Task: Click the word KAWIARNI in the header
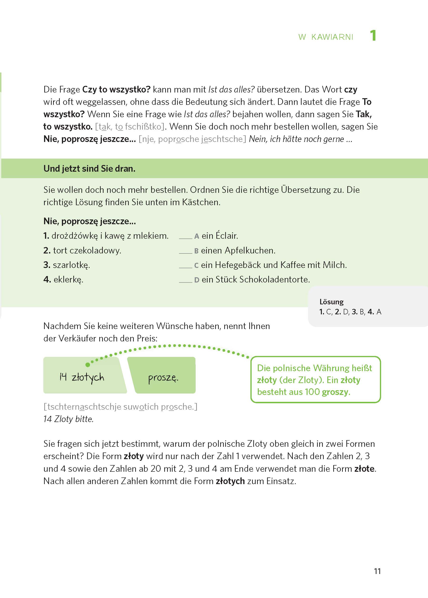pos(332,37)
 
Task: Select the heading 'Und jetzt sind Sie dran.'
pos(89,168)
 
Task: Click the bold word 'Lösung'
pos(331,302)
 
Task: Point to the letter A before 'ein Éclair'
pos(196,236)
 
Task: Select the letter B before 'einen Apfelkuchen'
pos(196,251)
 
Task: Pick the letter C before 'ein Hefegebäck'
pos(196,265)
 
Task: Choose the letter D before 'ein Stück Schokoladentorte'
pos(196,280)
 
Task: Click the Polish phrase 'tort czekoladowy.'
pos(87,250)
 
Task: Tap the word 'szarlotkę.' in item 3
pos(71,265)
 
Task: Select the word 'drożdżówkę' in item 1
pos(75,236)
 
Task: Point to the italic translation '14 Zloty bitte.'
pos(69,419)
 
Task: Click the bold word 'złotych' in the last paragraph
pos(230,481)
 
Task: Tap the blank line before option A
pos(185,238)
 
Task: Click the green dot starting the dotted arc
pos(88,365)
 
